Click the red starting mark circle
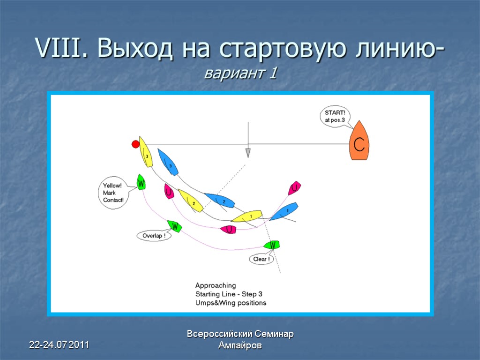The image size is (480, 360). [135, 143]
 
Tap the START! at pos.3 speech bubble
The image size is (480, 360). [335, 116]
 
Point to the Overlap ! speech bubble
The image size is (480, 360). [154, 236]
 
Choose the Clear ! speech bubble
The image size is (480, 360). [261, 259]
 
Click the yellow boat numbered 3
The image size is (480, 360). [146, 152]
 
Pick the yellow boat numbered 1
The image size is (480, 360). [247, 216]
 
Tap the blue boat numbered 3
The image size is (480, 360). [168, 162]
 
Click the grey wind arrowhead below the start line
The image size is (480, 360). [248, 153]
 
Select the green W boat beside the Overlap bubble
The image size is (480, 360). [175, 227]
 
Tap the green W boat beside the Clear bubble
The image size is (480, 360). [272, 245]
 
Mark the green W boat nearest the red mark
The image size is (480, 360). [141, 181]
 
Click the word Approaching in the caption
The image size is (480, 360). [216, 285]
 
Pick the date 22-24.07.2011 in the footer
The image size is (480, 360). [59, 345]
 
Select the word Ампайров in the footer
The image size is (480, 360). [240, 345]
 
